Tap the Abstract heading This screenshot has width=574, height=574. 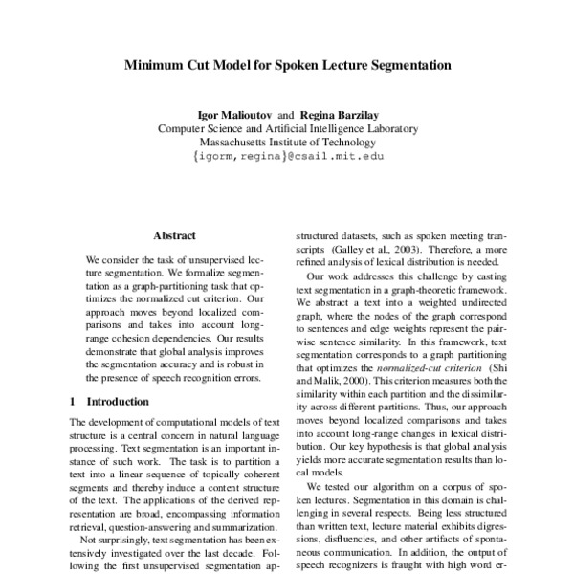174,234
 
